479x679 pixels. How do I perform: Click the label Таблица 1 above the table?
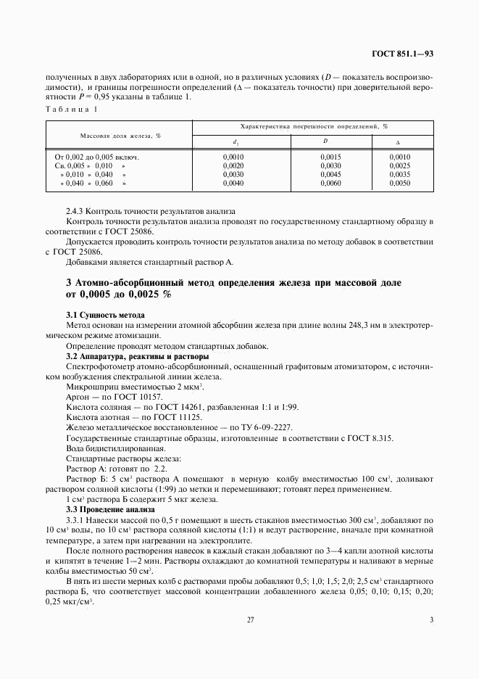point(70,109)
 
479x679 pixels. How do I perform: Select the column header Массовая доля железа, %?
point(119,135)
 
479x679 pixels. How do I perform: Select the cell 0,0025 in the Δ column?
point(400,166)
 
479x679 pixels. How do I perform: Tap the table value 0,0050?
point(400,184)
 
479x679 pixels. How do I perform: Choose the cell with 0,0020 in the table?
point(234,166)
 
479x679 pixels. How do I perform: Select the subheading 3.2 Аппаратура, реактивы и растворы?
point(138,356)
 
